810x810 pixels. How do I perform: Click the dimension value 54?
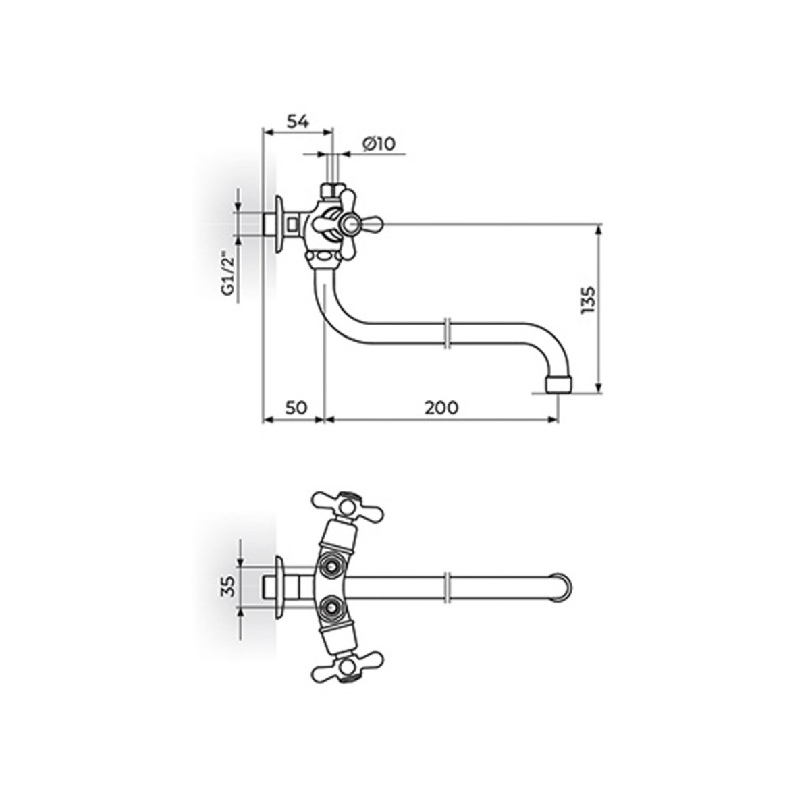tap(298, 122)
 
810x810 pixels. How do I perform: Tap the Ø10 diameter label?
tap(379, 144)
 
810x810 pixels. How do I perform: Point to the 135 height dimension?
tap(588, 300)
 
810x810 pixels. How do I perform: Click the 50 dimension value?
tap(296, 407)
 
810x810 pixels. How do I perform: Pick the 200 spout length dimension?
tap(441, 408)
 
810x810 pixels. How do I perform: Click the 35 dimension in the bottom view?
tap(229, 587)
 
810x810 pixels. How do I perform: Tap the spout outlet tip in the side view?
tap(560, 385)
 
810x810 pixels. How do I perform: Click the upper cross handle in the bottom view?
tap(347, 506)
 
